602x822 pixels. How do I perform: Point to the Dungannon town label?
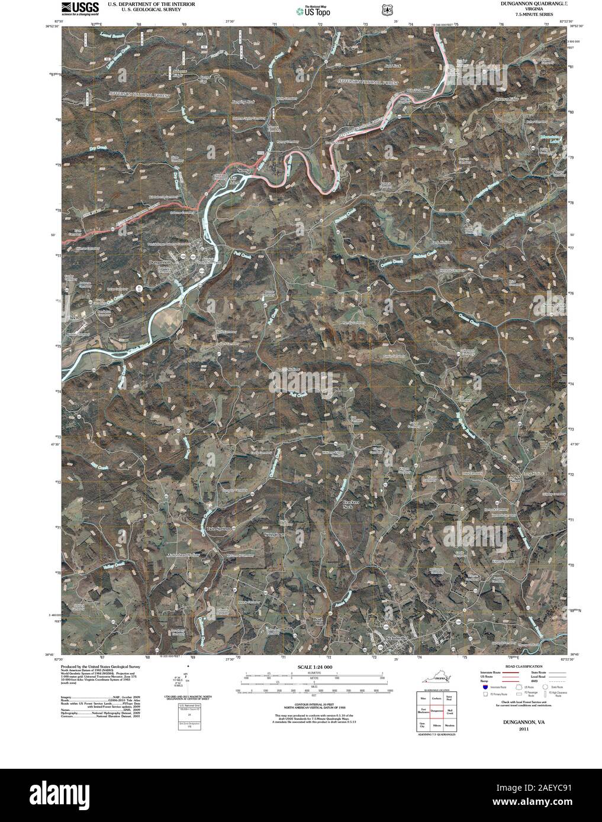tap(160, 262)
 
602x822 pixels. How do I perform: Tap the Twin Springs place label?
tap(218, 527)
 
